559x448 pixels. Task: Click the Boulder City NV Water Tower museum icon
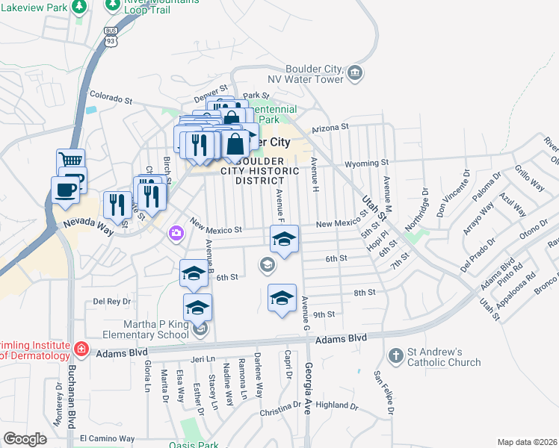[354, 72]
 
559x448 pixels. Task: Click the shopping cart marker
[71, 160]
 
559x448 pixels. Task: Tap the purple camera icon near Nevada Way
[176, 233]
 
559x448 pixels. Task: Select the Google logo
[25, 439]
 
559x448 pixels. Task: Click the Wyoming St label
[367, 162]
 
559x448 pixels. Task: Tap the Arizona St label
[331, 128]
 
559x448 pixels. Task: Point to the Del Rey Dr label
[112, 302]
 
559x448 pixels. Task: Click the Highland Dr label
[337, 405]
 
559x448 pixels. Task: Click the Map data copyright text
[528, 442]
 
